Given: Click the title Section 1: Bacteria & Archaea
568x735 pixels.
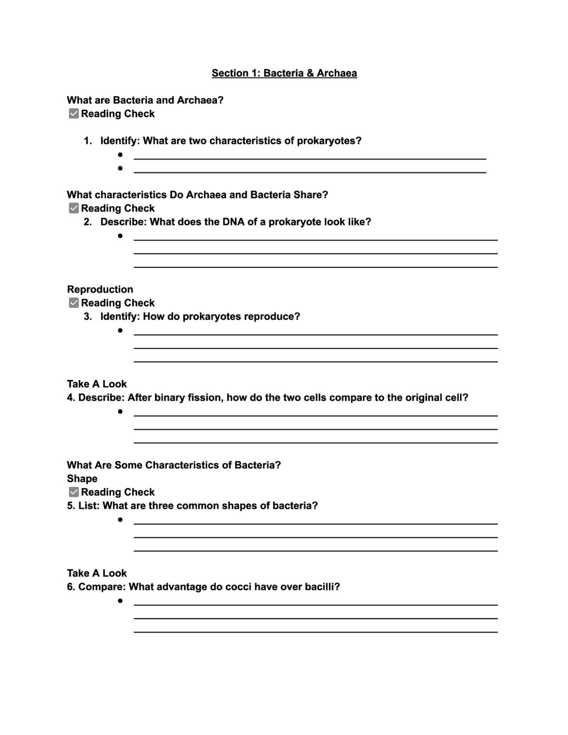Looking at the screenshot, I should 284,73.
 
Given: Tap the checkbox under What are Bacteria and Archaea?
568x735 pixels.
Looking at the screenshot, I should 74,114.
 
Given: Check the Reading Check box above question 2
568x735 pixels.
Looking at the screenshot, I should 74,208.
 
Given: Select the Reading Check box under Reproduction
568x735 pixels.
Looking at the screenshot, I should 74,303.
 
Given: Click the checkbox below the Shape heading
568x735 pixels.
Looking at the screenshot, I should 74,492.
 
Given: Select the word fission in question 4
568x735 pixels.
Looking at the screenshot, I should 204,398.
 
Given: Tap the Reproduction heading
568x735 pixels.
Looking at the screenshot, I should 100,289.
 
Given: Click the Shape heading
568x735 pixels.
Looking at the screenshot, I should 82,478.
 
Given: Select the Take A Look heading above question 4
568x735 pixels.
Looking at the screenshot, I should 97,384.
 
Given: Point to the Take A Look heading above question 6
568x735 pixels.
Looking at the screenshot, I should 97,573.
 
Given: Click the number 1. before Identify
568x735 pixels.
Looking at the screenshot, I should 88,141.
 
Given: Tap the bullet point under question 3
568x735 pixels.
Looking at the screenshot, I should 120,331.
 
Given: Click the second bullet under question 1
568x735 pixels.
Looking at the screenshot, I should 120,168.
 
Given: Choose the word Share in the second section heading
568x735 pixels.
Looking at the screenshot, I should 310,195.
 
